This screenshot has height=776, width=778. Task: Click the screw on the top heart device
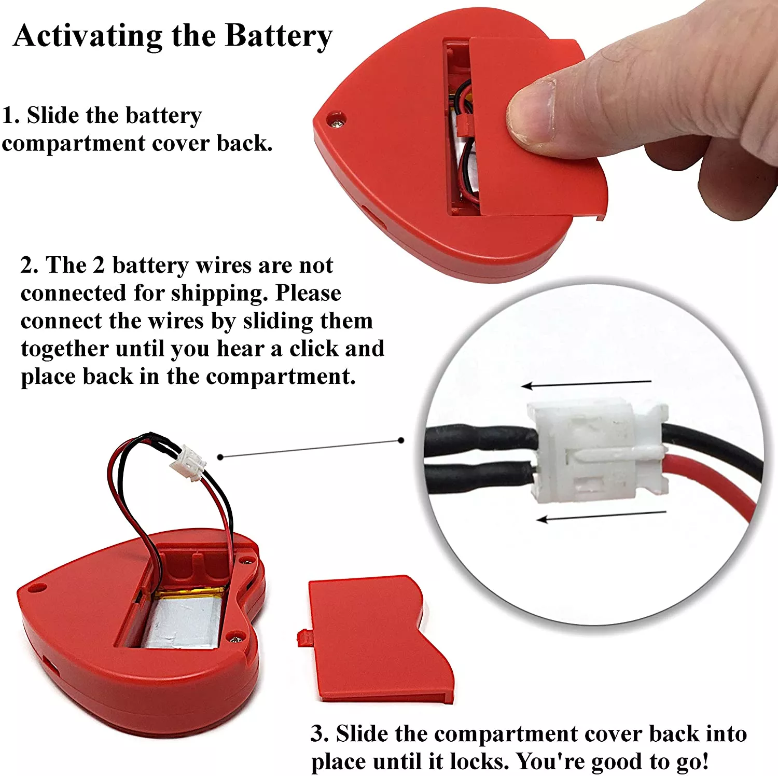coord(338,121)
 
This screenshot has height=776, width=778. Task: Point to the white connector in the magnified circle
coord(596,450)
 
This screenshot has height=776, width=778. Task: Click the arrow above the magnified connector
coord(586,384)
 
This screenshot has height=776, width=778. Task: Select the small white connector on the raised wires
coord(187,462)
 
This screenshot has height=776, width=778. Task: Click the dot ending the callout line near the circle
coord(401,440)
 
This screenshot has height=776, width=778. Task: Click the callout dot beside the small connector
coord(220,456)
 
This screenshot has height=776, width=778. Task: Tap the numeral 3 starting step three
coord(316,734)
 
